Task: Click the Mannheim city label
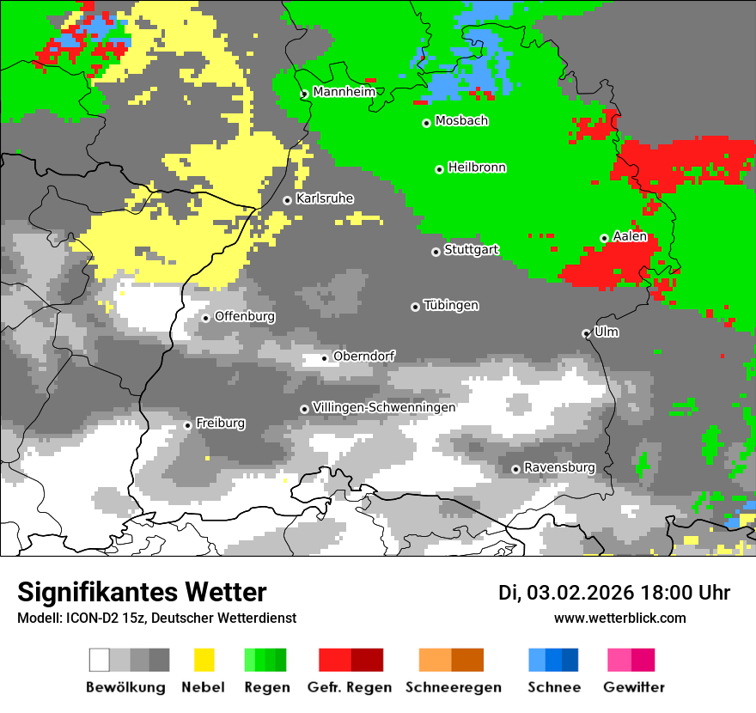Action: coord(344,92)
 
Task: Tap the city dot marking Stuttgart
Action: coord(436,252)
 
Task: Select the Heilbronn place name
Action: coord(477,168)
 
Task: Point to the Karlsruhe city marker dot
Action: coord(287,200)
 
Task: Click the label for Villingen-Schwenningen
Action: coord(384,407)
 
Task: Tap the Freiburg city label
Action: coord(220,423)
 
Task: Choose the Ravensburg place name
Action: coord(559,467)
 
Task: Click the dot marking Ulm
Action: coord(586,333)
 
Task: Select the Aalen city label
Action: coord(630,236)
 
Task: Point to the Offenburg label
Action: coord(245,316)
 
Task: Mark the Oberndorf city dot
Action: coord(324,358)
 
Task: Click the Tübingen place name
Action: coord(451,305)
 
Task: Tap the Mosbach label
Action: coord(461,121)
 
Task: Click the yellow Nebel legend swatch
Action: coord(204,660)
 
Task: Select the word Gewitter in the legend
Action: coord(633,687)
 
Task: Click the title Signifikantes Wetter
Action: coord(142,593)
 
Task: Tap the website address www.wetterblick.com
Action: coord(619,619)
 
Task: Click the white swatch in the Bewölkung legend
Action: coord(100,660)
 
